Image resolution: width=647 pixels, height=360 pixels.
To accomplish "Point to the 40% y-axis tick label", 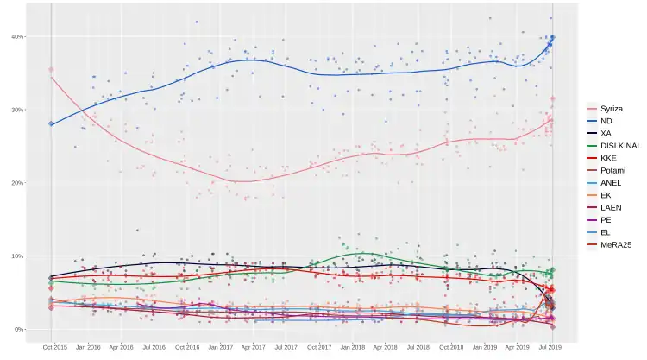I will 17,36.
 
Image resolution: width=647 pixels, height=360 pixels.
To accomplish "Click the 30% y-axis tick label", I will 17,110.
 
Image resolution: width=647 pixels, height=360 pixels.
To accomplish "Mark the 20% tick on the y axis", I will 17,183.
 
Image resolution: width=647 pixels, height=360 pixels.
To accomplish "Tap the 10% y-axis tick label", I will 17,256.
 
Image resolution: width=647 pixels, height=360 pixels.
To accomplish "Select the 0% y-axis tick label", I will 19,330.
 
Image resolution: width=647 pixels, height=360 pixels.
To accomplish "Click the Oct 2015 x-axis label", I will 53,347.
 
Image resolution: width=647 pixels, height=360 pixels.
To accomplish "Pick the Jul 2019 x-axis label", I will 550,347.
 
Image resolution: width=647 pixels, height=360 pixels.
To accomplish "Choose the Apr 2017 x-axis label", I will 253,347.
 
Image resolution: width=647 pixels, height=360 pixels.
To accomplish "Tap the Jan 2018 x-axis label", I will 352,347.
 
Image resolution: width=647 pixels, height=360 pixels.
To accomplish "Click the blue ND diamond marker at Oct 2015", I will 51,124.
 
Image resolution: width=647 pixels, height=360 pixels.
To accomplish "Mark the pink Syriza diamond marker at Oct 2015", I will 51,69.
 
